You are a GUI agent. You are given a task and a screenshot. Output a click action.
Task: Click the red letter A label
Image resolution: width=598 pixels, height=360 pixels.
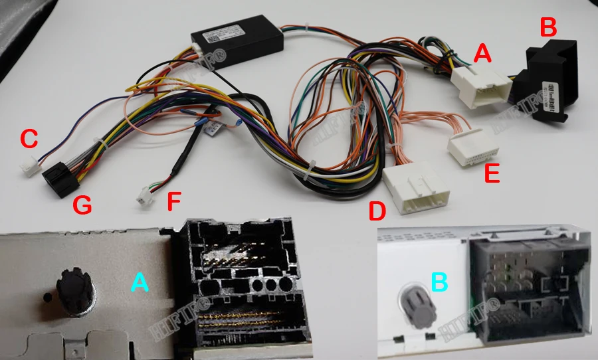point(482,53)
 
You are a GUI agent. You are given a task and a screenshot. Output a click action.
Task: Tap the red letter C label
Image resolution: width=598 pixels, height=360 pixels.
point(29,139)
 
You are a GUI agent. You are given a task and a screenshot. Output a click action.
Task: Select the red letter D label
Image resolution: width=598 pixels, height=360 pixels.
point(377,213)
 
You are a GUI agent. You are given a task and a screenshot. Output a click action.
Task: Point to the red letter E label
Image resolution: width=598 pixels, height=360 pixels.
point(492,173)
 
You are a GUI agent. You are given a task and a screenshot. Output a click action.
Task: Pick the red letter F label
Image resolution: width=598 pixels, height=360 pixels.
point(173,201)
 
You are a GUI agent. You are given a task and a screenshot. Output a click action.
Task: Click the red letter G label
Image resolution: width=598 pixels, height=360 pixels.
point(82,207)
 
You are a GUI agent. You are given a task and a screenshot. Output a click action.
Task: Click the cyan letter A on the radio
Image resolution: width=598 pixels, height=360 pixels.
point(140,282)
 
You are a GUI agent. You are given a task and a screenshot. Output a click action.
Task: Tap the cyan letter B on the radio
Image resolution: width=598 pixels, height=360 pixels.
point(439,282)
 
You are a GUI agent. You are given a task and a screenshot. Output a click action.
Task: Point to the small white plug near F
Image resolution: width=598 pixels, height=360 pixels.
point(144,197)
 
